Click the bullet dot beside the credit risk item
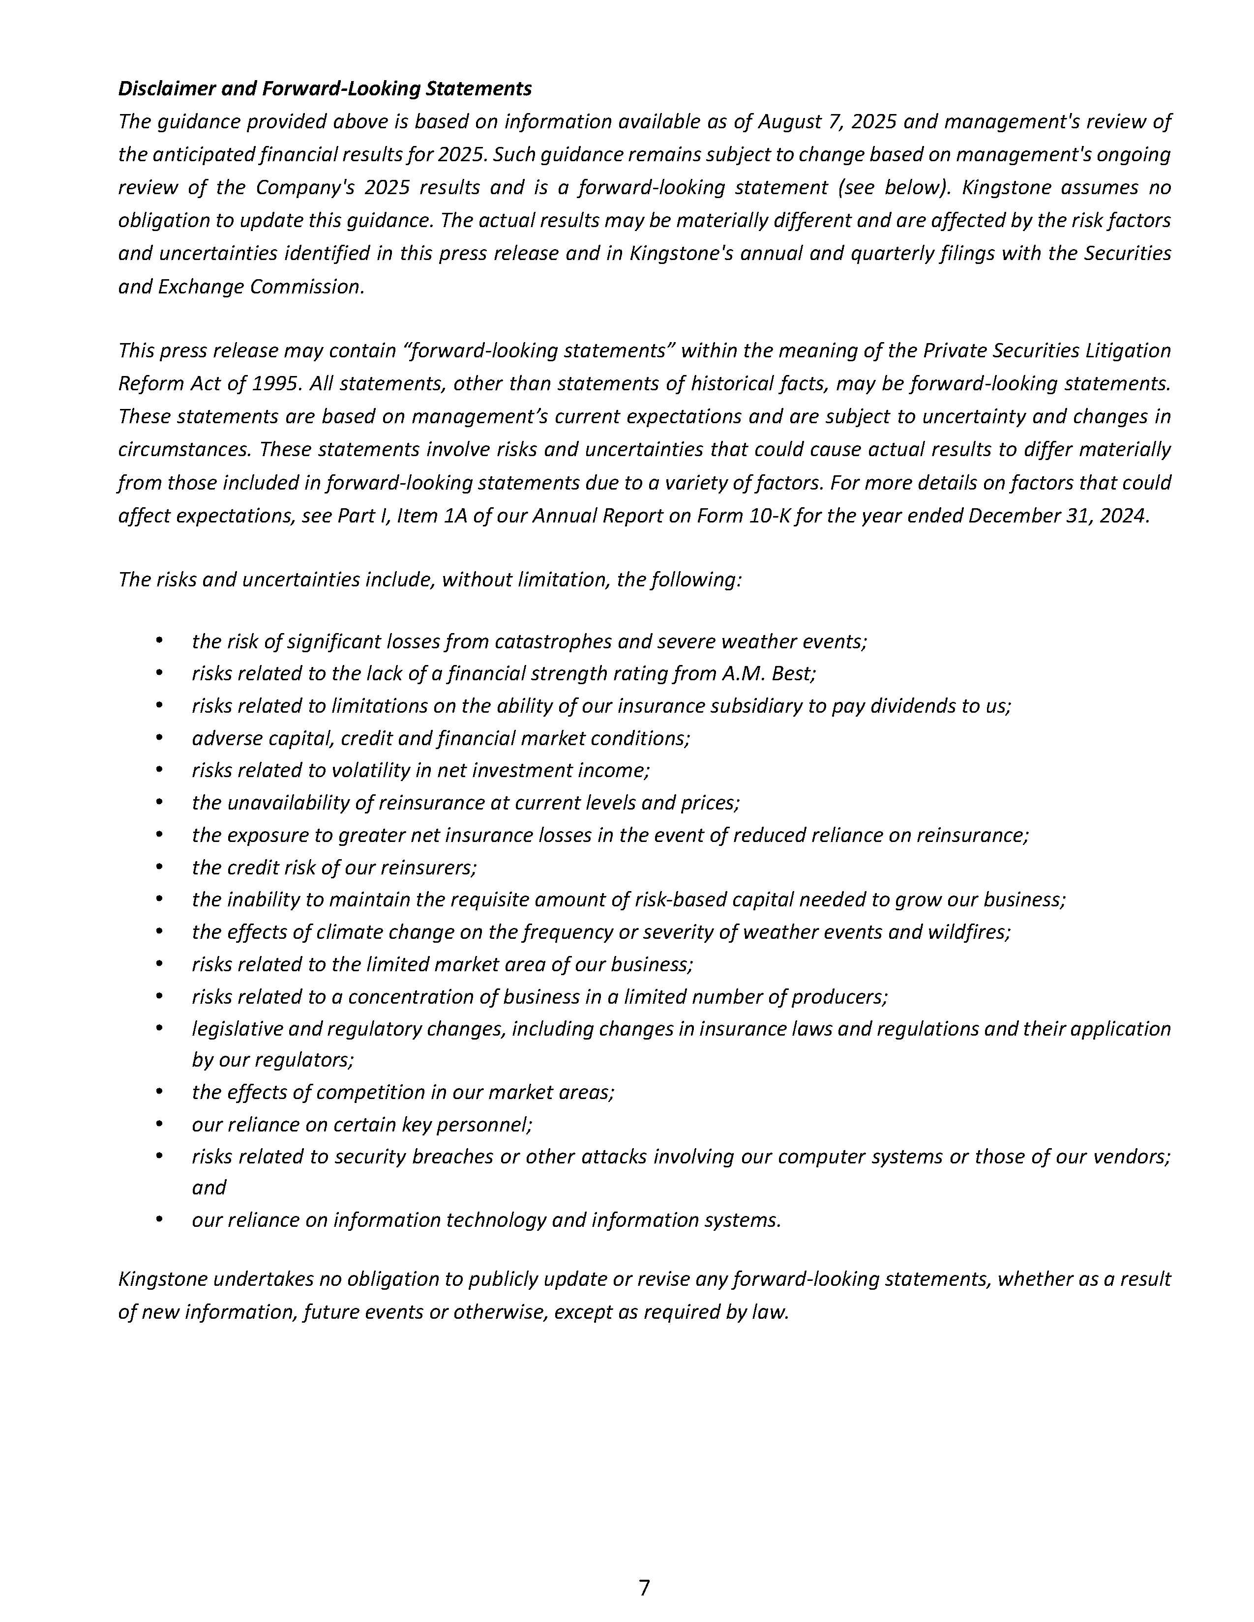(x=159, y=867)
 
